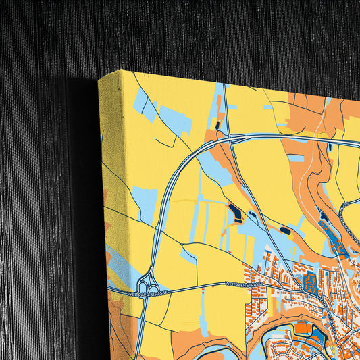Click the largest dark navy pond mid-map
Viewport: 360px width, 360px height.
pos(238,214)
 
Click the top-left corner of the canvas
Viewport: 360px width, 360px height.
pos(100,78)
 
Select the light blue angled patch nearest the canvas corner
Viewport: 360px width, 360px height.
pos(143,103)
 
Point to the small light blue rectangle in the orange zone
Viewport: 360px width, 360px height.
pos(295,158)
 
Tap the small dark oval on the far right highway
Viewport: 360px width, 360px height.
pos(330,147)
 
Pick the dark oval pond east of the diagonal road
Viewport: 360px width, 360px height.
pos(285,231)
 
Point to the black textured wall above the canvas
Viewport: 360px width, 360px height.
pos(203,34)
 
